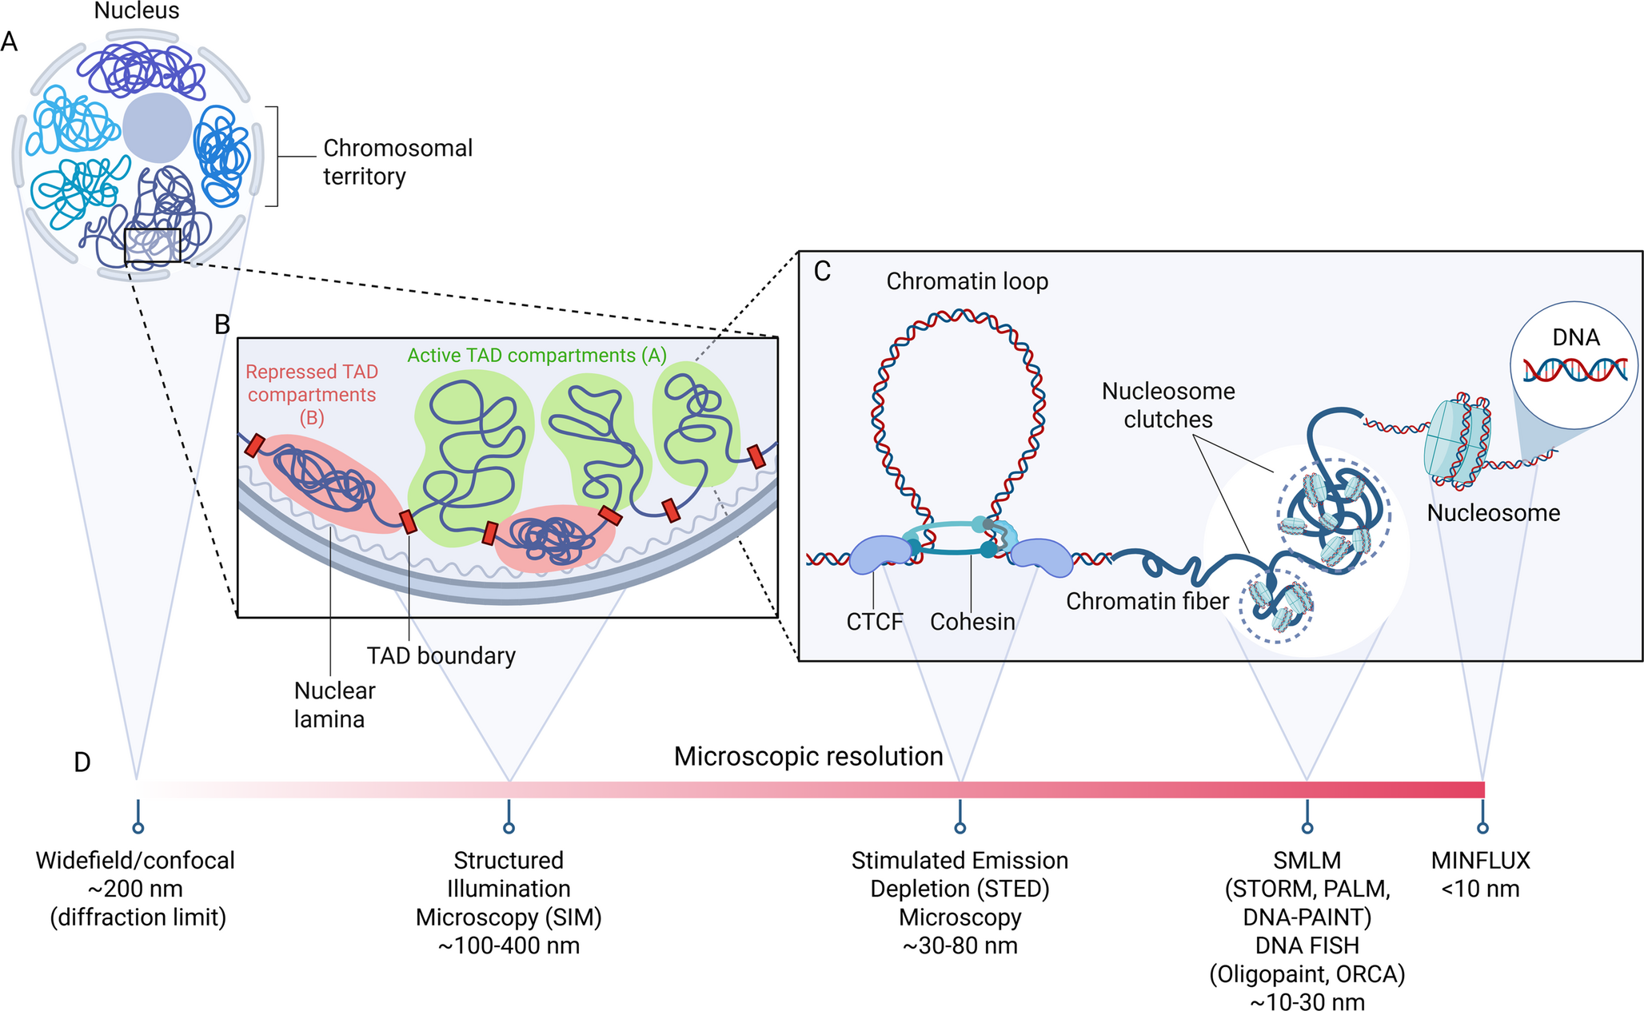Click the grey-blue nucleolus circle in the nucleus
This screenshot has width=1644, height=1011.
click(157, 128)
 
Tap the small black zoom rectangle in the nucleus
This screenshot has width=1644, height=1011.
click(153, 245)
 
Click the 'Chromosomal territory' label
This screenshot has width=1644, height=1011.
click(397, 162)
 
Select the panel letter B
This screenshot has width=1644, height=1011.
click(222, 324)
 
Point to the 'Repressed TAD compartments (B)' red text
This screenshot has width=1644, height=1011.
click(312, 394)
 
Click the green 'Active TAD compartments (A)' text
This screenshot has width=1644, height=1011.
click(537, 356)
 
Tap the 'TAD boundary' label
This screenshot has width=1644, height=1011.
click(441, 656)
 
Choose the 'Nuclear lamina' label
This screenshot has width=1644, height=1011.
click(333, 705)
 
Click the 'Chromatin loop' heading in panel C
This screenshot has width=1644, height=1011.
click(967, 281)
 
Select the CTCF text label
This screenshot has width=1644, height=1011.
click(874, 622)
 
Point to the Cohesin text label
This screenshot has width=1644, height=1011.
click(972, 622)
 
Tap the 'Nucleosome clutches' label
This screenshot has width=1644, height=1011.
click(1168, 405)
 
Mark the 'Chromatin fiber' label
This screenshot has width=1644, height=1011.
click(1147, 602)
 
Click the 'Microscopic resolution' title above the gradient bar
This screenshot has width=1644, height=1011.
click(808, 756)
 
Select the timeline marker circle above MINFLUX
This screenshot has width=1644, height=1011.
click(1482, 828)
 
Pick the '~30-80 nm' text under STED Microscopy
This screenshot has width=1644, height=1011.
click(960, 946)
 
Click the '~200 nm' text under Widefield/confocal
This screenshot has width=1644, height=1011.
click(135, 889)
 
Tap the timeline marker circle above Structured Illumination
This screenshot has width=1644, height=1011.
click(509, 828)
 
